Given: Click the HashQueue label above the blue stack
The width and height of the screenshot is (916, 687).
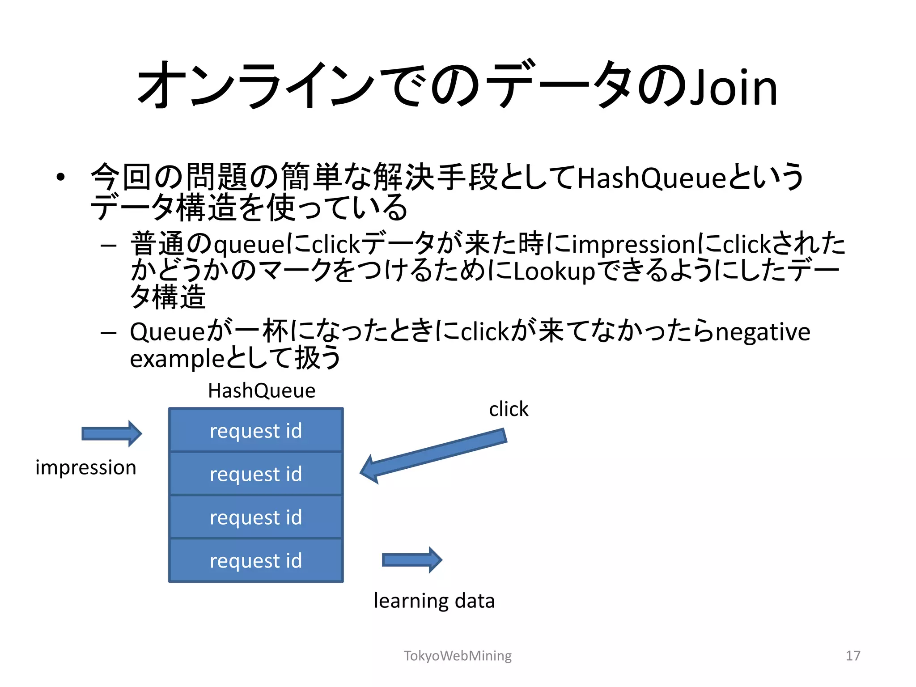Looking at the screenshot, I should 262,390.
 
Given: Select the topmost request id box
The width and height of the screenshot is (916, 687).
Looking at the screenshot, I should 256,430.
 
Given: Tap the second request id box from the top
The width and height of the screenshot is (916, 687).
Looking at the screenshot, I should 256,474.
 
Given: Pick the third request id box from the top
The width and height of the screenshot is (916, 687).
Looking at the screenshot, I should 256,517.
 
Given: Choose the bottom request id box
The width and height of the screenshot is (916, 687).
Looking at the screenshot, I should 256,560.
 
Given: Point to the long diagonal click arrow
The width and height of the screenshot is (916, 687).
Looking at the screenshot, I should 433,455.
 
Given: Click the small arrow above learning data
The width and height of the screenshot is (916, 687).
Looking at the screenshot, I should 412,560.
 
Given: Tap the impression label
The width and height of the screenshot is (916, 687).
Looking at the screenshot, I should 86,468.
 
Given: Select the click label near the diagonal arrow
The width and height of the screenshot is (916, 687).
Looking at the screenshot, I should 509,409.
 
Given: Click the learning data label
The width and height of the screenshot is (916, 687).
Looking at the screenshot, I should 434,601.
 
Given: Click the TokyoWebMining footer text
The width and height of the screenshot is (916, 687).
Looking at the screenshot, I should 458,656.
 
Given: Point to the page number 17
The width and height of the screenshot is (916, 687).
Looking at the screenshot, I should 853,656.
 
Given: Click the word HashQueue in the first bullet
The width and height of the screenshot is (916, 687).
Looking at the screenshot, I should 651,178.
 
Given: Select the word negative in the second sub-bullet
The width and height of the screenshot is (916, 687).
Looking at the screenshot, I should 763,332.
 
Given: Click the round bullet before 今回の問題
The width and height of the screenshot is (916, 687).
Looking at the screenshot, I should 61,178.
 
